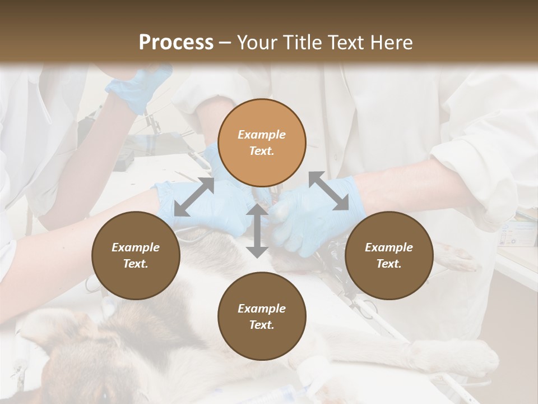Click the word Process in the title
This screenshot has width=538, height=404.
pos(176,42)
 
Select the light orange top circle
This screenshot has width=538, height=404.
pos(262,143)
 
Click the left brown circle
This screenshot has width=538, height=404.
pos(136,255)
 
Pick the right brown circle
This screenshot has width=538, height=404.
pos(388,255)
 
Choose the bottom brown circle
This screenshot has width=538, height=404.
pos(262,316)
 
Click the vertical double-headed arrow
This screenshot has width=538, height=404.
pos(257,231)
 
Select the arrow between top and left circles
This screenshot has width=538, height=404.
pos(194,196)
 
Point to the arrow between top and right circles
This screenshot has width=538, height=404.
pos(328,191)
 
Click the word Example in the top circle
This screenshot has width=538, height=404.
pos(262,135)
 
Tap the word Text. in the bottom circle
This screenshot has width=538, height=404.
pos(262,325)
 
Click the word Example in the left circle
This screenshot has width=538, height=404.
pos(136,247)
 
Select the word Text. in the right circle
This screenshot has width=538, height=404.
pos(388,264)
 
